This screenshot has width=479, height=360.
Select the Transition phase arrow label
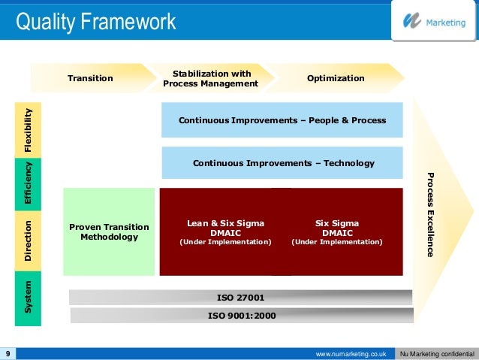click(90, 78)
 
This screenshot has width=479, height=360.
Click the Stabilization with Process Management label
click(211, 78)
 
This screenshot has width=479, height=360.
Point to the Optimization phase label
click(336, 78)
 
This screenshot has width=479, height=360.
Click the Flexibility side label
click(28, 130)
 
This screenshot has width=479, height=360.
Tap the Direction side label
click(28, 241)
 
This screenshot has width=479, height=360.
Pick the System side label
click(28, 298)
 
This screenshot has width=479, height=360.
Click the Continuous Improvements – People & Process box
click(282, 120)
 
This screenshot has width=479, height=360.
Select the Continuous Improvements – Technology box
click(283, 163)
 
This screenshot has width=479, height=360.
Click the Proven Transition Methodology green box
click(109, 231)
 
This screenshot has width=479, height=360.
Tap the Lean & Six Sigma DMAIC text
click(225, 228)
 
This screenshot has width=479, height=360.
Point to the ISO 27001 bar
click(240, 297)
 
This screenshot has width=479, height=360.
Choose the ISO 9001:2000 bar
click(241, 315)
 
